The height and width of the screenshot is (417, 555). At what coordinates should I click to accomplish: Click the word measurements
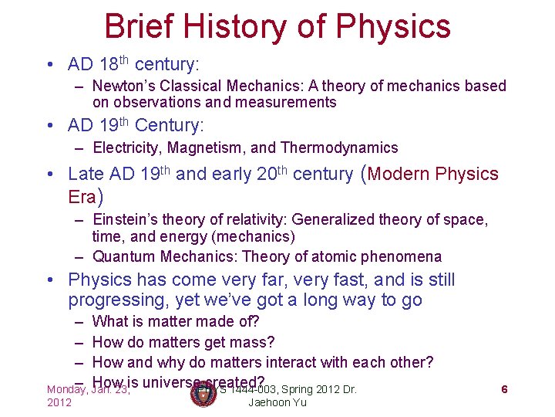(287, 102)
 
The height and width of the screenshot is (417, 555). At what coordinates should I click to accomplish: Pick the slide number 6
(504, 389)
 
